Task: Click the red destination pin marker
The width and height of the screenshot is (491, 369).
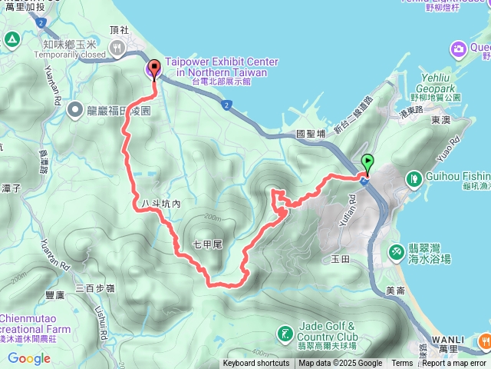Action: (154, 68)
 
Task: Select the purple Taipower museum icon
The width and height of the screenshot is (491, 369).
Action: (151, 71)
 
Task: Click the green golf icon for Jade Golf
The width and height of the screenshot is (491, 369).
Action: (284, 334)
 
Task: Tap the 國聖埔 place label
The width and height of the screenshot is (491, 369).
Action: (311, 134)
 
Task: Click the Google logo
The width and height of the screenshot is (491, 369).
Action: (28, 358)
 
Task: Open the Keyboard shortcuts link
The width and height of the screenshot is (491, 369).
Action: (256, 364)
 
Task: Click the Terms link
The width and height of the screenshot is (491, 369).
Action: (401, 364)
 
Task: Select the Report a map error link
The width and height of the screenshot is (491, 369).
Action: (453, 364)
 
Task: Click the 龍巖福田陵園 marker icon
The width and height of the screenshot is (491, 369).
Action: (75, 110)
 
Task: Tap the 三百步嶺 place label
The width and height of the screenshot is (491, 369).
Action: (94, 288)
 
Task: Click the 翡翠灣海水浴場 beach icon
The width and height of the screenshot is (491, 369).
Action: (397, 251)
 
